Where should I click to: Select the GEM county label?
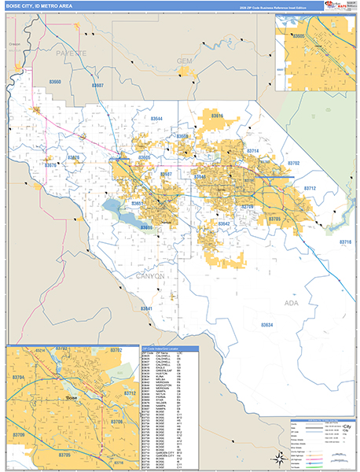coord(185,61)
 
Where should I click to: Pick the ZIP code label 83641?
coord(147,308)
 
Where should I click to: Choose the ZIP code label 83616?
coord(216,116)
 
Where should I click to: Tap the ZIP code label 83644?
coord(156,119)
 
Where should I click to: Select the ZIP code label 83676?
coord(50,165)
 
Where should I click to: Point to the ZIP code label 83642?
coord(223,223)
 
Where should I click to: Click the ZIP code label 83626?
coord(75,157)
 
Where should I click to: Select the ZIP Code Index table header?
coord(168,347)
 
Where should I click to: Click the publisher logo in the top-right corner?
coord(336,6)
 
